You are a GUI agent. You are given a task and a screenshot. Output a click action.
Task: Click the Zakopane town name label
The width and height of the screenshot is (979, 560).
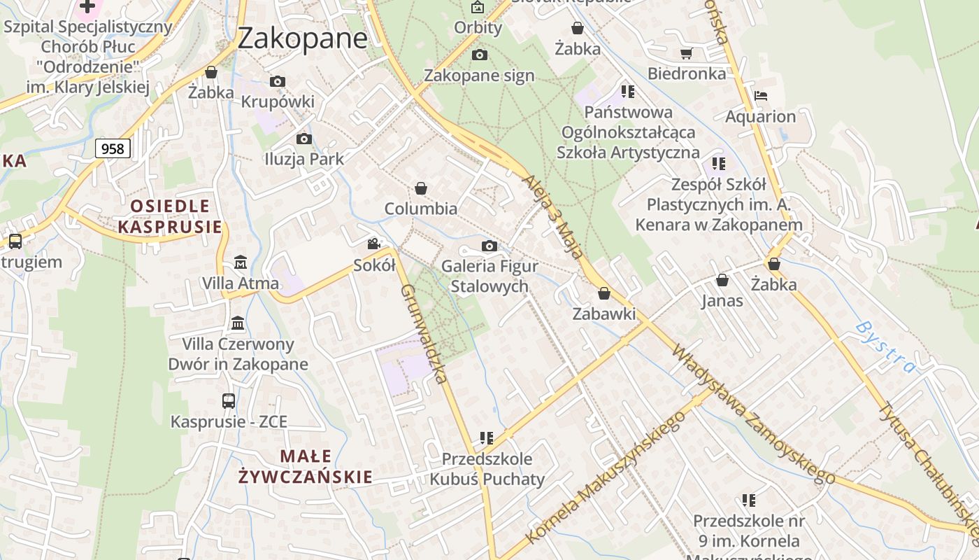click(x=302, y=38)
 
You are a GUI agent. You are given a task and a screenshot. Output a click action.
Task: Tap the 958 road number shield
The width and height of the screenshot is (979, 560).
click(x=112, y=148)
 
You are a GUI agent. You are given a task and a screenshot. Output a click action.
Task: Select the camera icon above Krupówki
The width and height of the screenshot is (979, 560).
click(x=278, y=81)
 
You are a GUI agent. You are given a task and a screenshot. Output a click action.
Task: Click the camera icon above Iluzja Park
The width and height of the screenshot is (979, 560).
click(x=303, y=139)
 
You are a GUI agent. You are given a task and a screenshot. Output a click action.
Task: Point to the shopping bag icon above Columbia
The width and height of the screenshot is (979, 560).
click(x=421, y=188)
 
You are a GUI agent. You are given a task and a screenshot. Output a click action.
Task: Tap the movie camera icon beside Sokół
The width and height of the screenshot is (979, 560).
click(x=374, y=244)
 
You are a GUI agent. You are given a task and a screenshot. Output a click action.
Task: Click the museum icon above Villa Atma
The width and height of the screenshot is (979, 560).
click(x=241, y=262)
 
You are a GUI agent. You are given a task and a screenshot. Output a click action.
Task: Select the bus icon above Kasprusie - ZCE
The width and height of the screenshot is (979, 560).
click(x=229, y=401)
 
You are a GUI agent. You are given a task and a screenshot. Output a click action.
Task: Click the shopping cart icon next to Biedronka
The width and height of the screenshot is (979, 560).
click(x=687, y=53)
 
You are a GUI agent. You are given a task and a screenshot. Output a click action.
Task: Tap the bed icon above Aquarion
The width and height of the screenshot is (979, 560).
click(x=761, y=96)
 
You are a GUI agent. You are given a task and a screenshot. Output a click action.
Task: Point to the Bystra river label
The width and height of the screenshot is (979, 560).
click(x=885, y=347)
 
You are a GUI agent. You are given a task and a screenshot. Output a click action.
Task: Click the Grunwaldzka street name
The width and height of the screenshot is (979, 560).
click(x=424, y=334)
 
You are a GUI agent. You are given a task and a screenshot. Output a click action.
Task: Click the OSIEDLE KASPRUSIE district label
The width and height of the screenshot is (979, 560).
click(x=170, y=216)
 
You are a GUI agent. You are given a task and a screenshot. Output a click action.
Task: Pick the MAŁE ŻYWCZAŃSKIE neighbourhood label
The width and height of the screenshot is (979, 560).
click(x=306, y=467)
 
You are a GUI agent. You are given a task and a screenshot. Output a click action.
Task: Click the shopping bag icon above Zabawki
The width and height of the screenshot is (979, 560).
click(x=604, y=293)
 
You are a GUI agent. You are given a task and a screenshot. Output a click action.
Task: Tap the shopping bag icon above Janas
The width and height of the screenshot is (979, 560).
click(x=722, y=280)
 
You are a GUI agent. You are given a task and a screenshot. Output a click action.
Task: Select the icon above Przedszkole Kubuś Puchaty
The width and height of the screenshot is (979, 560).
click(x=487, y=438)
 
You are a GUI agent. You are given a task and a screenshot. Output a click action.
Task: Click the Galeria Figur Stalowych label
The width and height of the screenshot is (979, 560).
click(x=489, y=276)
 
